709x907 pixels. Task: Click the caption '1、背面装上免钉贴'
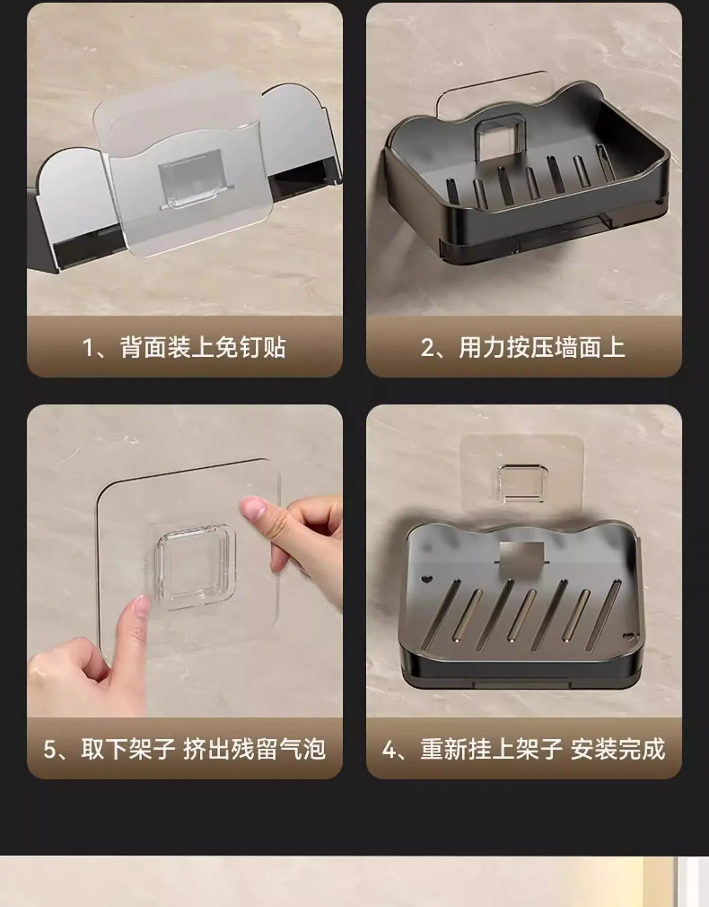[184, 348]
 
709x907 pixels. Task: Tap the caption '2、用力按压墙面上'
[523, 348]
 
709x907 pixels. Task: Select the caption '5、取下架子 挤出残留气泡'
[184, 749]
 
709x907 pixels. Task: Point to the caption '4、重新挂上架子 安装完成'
[524, 749]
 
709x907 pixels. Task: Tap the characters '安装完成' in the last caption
[618, 749]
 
